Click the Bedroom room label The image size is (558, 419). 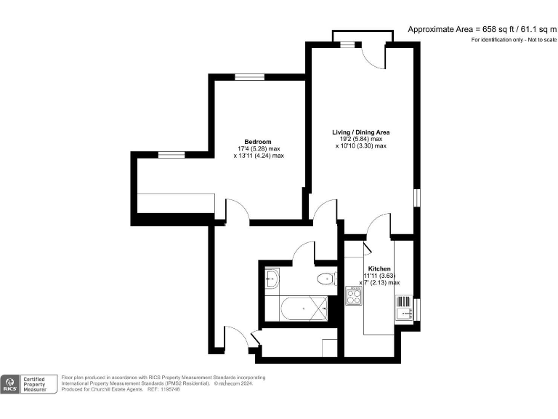[x=258, y=141]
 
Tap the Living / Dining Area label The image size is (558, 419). [x=361, y=132]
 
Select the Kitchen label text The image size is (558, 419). [x=379, y=268]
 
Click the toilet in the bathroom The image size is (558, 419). [x=326, y=279]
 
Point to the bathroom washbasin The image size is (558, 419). [x=272, y=279]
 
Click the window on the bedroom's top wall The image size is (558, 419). [x=249, y=77]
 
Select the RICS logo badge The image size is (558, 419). [x=9, y=383]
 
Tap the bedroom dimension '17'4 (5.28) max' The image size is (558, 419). [x=258, y=148]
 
